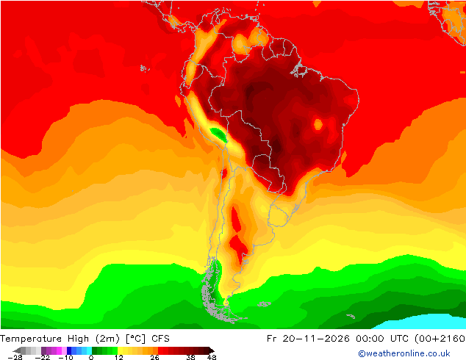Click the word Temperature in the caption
(x=31, y=339)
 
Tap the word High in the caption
(x=78, y=339)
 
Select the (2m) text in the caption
(x=107, y=339)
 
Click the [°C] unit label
(x=135, y=339)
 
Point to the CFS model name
(x=160, y=339)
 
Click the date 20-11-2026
(x=316, y=339)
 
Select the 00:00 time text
(x=370, y=339)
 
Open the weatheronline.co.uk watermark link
(x=404, y=353)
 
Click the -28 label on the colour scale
(x=15, y=357)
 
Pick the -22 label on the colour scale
(x=43, y=357)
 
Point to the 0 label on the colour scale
(x=91, y=357)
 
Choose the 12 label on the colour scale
(x=119, y=357)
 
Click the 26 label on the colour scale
(x=154, y=357)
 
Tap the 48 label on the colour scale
(x=212, y=357)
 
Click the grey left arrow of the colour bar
(x=17, y=350)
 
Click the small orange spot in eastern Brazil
(x=318, y=124)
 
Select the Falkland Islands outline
(x=264, y=304)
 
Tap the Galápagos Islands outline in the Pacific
(x=145, y=68)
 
